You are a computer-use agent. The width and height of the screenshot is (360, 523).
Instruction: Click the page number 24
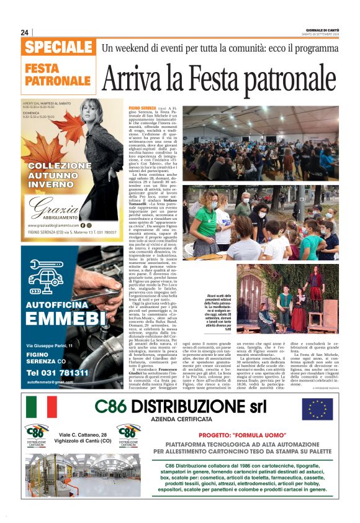[x=25, y=32]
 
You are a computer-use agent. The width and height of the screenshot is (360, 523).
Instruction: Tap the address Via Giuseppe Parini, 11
[x=49, y=345]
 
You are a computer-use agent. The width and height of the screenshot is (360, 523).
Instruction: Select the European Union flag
[x=317, y=409]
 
